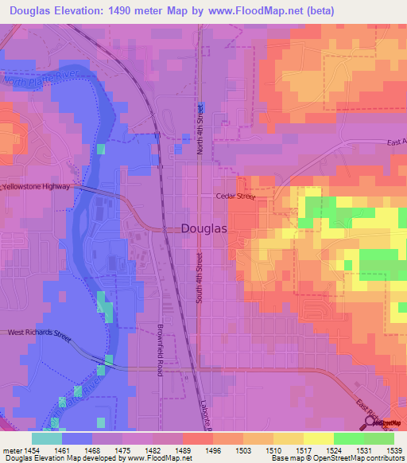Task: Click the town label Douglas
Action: point(204,228)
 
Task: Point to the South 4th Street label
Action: point(200,277)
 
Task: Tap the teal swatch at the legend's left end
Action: point(47,438)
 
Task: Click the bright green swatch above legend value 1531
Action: point(349,438)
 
